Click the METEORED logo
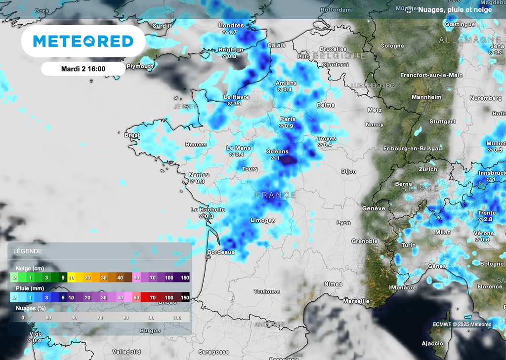tap(83, 41)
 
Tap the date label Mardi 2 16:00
tap(83, 69)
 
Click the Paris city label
tap(288, 119)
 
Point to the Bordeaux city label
tap(220, 252)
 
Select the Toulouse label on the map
tap(267, 292)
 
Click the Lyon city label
tap(344, 223)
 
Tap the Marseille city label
tap(356, 301)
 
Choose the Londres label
tap(231, 26)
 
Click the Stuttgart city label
tap(442, 121)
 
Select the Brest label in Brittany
tap(132, 135)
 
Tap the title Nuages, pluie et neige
tap(455, 9)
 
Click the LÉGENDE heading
tap(28, 251)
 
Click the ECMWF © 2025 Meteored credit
tap(462, 324)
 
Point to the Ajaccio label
tap(432, 343)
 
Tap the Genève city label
tap(374, 208)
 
